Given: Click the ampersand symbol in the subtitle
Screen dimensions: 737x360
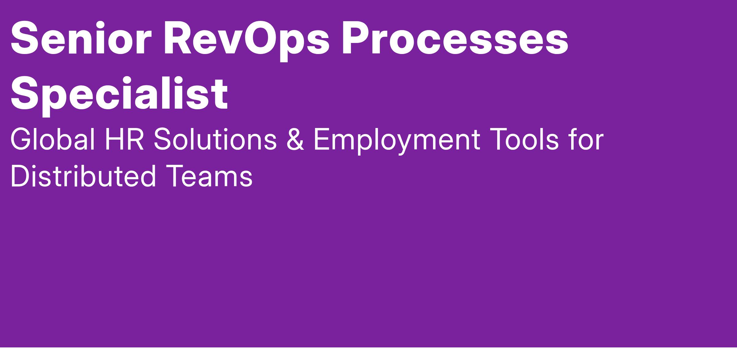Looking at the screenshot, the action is [295, 140].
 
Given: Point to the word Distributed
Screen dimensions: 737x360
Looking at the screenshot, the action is [84, 176].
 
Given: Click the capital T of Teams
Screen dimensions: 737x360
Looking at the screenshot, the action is [177, 176].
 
